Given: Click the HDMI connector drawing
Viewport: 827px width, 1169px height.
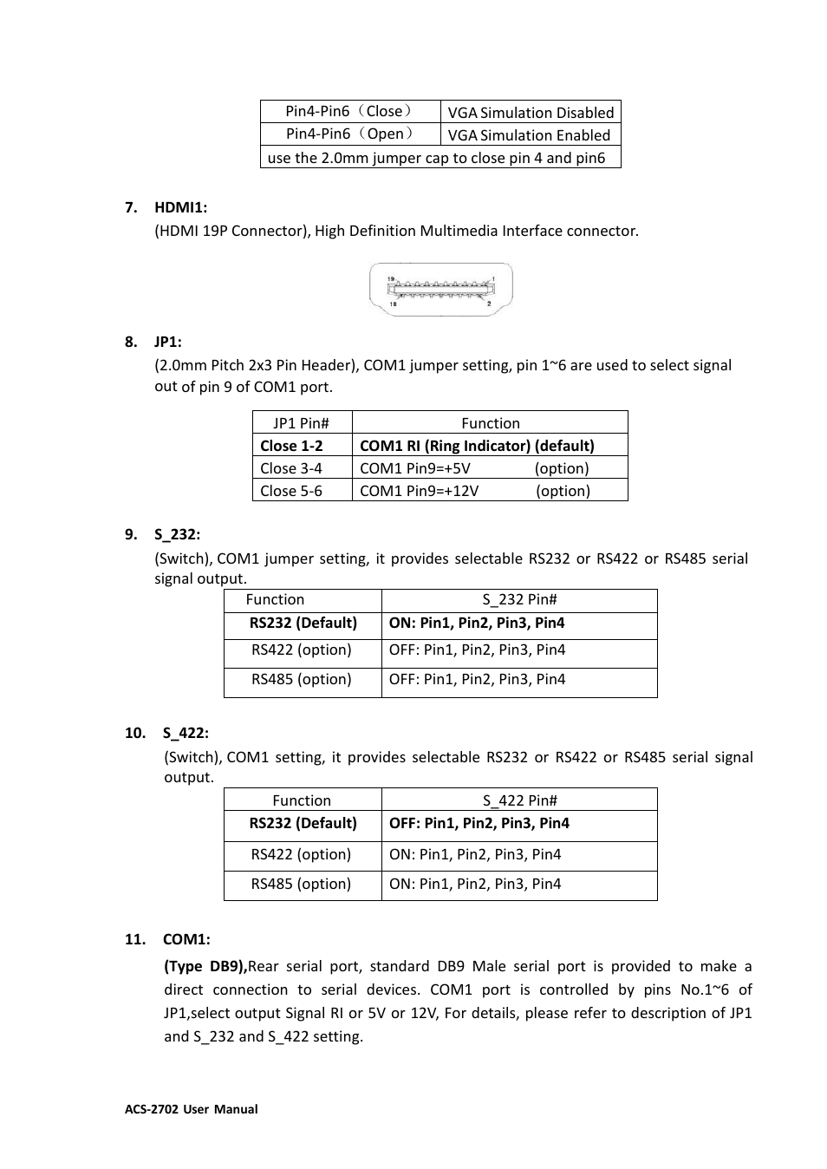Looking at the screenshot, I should point(441,290).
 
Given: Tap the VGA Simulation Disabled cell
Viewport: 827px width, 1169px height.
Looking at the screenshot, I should point(531,113).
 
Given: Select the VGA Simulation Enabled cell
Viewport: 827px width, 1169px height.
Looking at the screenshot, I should point(529,135).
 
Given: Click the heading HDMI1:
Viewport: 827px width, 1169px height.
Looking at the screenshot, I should point(180,207).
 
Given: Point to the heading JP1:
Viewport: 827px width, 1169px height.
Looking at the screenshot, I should point(168,342).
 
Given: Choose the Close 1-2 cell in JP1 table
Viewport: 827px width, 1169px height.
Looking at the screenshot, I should point(291,446).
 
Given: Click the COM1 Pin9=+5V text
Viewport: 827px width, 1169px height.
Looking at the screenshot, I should point(415,468).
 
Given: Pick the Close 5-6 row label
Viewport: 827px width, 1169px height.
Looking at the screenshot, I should point(291,491).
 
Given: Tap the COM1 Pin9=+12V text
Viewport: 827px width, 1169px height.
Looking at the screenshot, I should point(419,491).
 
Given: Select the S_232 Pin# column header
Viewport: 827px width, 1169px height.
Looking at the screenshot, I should point(519,600).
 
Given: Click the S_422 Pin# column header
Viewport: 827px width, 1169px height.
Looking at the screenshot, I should point(519,800).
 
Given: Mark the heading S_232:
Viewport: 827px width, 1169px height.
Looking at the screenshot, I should point(177,534).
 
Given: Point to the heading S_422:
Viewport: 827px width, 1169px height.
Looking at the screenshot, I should point(186,733).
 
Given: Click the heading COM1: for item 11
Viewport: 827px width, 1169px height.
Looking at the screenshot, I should point(186,939).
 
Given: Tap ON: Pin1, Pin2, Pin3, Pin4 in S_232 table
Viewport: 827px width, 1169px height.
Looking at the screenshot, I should point(477,623).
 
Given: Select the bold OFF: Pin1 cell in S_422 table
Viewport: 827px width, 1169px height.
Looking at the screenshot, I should point(479,823).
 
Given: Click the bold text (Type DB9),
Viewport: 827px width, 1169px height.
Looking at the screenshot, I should point(205,966).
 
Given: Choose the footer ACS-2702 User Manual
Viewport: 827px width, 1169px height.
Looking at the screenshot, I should point(192,1109).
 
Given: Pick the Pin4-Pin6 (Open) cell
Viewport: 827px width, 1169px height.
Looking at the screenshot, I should point(350,134).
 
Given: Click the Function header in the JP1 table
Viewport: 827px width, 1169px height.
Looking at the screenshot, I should point(491,423).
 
